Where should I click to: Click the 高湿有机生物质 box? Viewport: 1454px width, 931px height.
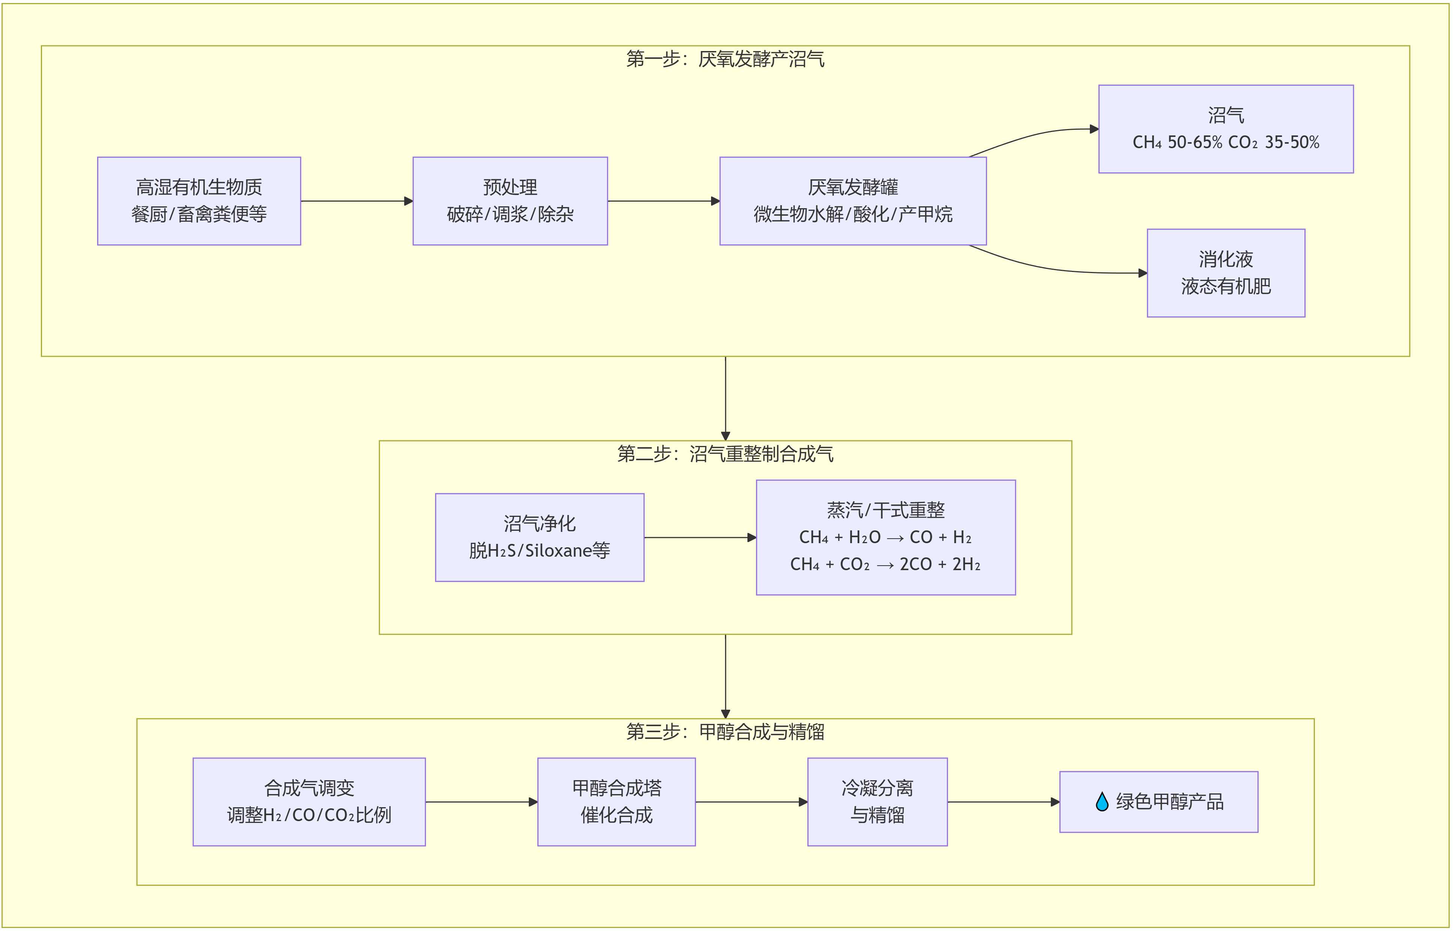point(199,201)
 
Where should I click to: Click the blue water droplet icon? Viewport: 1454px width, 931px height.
point(1102,802)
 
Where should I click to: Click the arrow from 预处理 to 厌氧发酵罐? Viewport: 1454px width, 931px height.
point(663,201)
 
